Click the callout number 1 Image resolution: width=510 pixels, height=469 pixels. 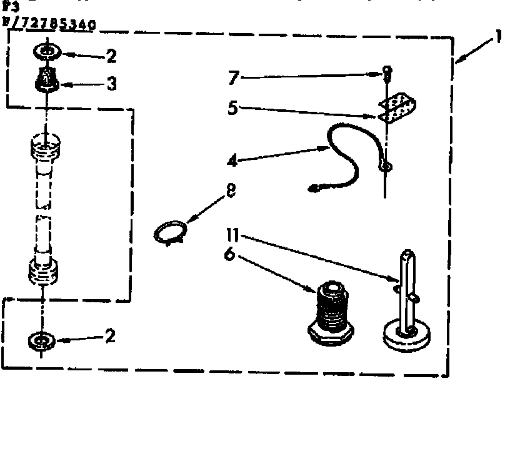498,38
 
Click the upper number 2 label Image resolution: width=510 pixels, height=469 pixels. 111,56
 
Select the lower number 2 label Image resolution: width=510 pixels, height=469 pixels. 110,337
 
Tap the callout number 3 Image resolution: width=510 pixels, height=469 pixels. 111,84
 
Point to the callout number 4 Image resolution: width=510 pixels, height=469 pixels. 232,160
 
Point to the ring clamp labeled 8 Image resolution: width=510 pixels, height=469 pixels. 169,233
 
